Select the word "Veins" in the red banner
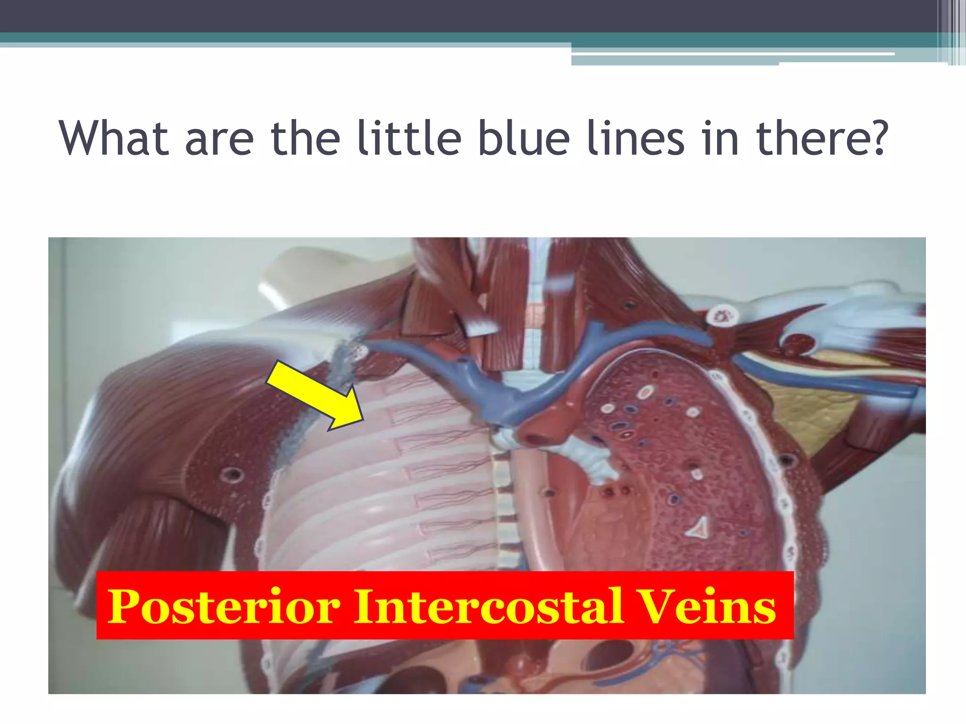[707, 607]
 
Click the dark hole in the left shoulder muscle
[231, 474]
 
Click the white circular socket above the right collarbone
[720, 314]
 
